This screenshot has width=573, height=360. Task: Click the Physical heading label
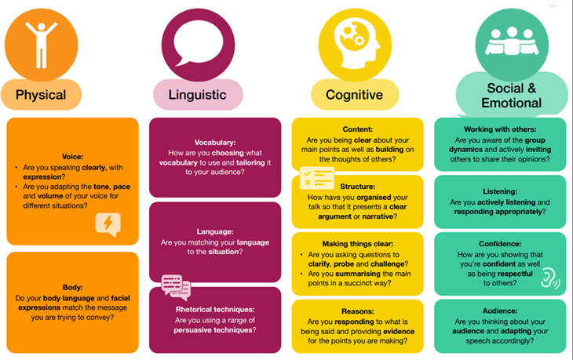[41, 95]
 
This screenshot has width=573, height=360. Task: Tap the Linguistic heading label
[197, 95]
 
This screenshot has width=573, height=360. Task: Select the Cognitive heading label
[354, 95]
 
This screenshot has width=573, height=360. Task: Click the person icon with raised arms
[42, 45]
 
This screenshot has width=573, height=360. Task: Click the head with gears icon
[356, 44]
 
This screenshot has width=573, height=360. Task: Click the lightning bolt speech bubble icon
[108, 224]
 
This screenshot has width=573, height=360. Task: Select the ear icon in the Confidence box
[549, 279]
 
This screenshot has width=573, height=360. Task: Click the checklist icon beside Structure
[317, 178]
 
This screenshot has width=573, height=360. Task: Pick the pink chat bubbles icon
[176, 287]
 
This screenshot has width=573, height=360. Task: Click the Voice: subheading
[72, 157]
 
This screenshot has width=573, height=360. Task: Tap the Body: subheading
[72, 287]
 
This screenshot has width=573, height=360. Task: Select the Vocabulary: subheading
[215, 143]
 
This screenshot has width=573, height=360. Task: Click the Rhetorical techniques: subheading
[215, 310]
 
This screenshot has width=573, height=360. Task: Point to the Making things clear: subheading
[357, 244]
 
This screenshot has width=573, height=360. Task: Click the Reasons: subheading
[357, 311]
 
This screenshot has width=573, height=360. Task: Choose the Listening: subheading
[500, 191]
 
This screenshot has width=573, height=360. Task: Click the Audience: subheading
[500, 311]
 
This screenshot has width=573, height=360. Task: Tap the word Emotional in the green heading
[511, 103]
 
